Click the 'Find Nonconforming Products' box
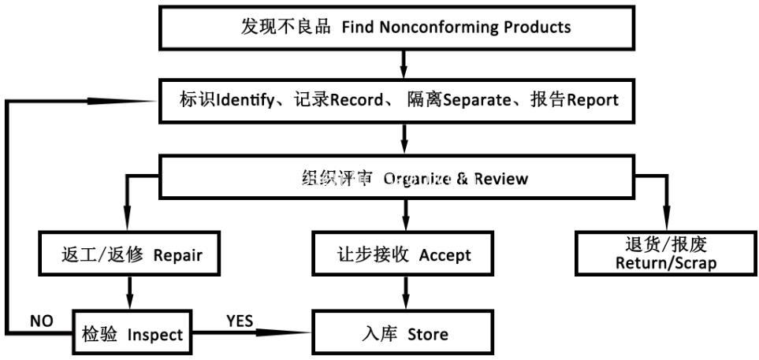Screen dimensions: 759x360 (x=397, y=27)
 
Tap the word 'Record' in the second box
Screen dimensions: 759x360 (x=356, y=100)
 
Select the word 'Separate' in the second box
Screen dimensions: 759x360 (x=478, y=101)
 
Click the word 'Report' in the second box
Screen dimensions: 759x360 (x=593, y=100)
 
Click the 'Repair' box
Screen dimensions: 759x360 (x=132, y=254)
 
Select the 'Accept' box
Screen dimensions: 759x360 (x=404, y=254)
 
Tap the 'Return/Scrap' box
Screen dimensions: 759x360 (x=665, y=254)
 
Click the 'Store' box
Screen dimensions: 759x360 (x=404, y=333)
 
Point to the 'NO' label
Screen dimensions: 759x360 (x=42, y=321)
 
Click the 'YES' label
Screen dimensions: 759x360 (x=240, y=321)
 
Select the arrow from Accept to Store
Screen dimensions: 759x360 (x=404, y=294)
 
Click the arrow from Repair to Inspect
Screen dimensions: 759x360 (x=128, y=294)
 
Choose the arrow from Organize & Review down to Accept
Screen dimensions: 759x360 (x=404, y=215)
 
